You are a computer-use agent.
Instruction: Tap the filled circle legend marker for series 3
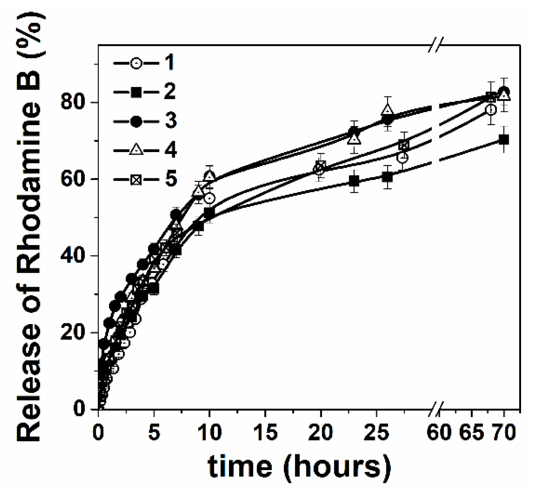click(x=136, y=121)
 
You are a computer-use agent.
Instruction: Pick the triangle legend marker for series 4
click(x=136, y=150)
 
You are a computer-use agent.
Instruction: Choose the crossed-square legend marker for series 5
click(x=136, y=179)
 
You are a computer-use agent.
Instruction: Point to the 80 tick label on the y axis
click(x=74, y=102)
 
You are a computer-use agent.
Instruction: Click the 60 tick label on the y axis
click(x=74, y=179)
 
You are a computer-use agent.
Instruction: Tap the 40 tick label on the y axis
click(x=74, y=256)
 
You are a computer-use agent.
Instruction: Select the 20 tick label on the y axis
click(x=74, y=332)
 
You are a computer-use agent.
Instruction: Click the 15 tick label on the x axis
click(x=265, y=432)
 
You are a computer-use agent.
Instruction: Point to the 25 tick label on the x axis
click(x=376, y=432)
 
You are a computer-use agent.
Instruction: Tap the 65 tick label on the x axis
click(x=472, y=432)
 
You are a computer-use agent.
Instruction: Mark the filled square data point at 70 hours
click(x=504, y=140)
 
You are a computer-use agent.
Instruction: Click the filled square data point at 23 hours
click(x=354, y=181)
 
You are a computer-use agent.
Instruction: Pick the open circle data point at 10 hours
click(x=210, y=198)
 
